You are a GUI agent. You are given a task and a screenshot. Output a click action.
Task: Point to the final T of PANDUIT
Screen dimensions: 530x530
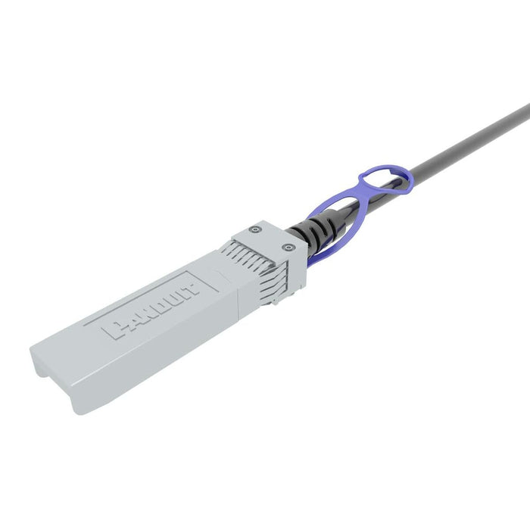coord(192,285)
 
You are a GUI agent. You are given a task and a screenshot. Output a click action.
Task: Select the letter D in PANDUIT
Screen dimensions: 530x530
coord(154,307)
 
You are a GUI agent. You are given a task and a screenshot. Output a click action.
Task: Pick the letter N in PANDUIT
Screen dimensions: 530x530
coord(140,315)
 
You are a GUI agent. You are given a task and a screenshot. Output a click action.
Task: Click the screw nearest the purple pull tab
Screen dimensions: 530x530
coord(285,246)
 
